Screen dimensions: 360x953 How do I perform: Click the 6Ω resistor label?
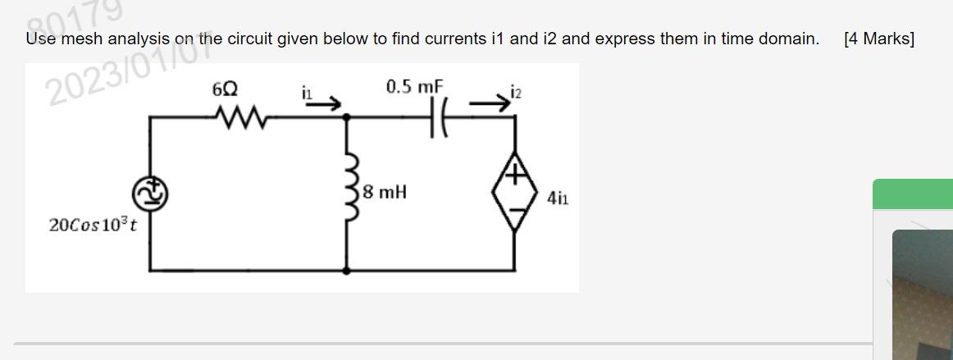[226, 89]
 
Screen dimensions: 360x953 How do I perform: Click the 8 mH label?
[385, 194]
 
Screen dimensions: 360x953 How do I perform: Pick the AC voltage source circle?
[149, 194]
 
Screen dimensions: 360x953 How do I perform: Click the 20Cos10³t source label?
[93, 224]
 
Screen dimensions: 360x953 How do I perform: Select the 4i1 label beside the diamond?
[559, 198]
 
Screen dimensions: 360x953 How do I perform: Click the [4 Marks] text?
[878, 39]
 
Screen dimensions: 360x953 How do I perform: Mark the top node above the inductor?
[349, 118]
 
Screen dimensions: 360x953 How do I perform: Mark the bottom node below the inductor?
[349, 270]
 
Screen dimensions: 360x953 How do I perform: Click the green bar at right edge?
[912, 194]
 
